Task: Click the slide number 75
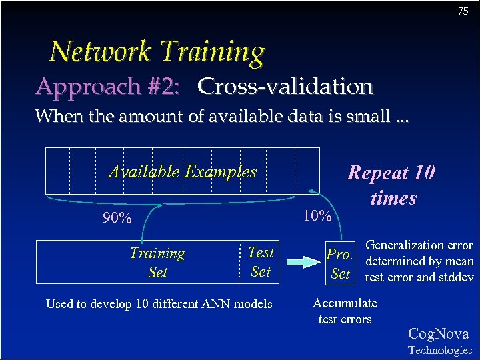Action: [463, 11]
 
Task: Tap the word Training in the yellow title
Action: [213, 52]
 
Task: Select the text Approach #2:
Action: [109, 87]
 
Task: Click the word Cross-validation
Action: [285, 87]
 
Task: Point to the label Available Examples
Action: [182, 171]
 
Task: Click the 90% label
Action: [117, 217]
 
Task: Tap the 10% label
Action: [317, 215]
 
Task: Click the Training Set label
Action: [157, 263]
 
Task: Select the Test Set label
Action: [260, 261]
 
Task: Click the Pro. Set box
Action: [340, 263]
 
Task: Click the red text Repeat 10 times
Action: [392, 185]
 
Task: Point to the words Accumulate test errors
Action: [345, 311]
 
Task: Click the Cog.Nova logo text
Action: [438, 334]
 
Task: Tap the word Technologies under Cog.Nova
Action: [439, 350]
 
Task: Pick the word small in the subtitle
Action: [369, 117]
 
